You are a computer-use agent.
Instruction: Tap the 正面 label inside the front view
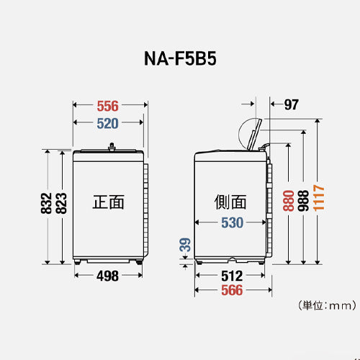[108, 202]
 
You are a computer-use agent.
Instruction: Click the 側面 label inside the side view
[230, 202]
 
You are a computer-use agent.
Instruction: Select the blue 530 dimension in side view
[231, 223]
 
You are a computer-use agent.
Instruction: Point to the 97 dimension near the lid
[290, 105]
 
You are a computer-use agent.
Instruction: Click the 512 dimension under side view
[231, 274]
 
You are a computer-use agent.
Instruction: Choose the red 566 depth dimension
[231, 291]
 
